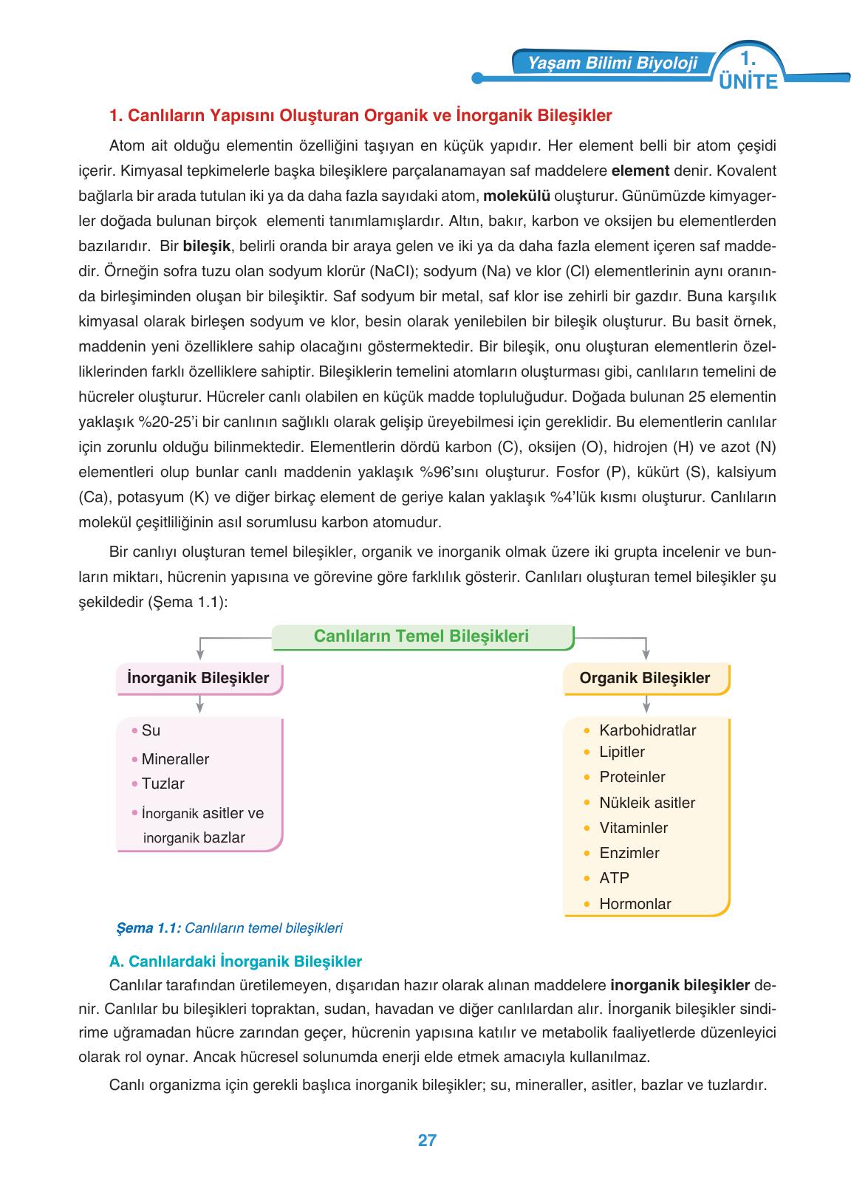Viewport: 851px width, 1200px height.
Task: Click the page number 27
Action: [427, 1140]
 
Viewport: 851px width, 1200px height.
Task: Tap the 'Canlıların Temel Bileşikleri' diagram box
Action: [422, 637]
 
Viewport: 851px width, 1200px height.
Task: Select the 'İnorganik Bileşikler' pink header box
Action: [199, 678]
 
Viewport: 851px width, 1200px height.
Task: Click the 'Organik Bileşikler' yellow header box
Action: [645, 678]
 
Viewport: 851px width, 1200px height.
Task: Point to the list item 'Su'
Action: [151, 730]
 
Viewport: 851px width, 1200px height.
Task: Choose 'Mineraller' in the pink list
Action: [175, 759]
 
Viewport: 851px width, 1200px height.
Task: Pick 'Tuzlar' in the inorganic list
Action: [163, 784]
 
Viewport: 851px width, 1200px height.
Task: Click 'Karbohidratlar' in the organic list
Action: [647, 730]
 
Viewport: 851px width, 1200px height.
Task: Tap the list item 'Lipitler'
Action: [622, 752]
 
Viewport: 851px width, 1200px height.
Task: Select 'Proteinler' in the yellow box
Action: [632, 777]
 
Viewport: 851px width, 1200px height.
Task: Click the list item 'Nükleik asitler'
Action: [647, 803]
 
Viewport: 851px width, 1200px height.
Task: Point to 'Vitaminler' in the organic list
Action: [633, 828]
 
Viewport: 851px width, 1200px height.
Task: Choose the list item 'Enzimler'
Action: [629, 853]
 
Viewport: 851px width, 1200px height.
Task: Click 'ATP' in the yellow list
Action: [614, 878]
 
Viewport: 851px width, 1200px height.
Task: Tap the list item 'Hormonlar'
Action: [635, 904]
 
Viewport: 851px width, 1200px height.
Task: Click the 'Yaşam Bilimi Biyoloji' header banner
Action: [612, 64]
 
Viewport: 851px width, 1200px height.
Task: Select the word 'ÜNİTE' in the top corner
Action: [748, 82]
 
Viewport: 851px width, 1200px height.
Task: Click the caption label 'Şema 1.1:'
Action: [148, 928]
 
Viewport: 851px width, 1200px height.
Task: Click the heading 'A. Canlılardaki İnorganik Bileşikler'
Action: [236, 961]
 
